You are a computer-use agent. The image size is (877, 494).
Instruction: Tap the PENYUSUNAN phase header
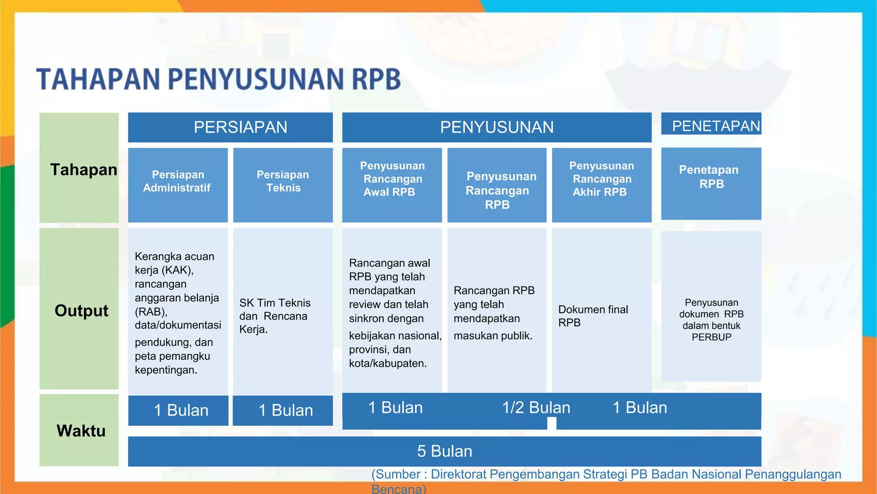pyautogui.click(x=497, y=127)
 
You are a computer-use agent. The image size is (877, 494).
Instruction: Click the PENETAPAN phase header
pyautogui.click(x=711, y=126)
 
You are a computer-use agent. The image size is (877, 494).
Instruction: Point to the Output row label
pyautogui.click(x=81, y=310)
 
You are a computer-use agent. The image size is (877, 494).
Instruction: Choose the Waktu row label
pyautogui.click(x=81, y=431)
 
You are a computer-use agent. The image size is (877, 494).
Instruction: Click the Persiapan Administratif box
pyautogui.click(x=178, y=185)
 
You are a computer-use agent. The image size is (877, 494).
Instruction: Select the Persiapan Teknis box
pyautogui.click(x=283, y=185)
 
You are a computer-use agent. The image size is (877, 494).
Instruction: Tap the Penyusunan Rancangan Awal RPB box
pyautogui.click(x=392, y=185)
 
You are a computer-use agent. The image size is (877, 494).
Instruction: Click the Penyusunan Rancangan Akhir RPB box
pyautogui.click(x=601, y=185)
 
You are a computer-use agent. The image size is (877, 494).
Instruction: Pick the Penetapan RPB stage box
pyautogui.click(x=711, y=183)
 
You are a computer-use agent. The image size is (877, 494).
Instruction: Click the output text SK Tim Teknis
pyautogui.click(x=275, y=303)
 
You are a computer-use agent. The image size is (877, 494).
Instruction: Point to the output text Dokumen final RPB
pyautogui.click(x=593, y=316)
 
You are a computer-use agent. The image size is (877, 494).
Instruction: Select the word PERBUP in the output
pyautogui.click(x=711, y=337)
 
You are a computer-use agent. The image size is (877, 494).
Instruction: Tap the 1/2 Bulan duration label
pyautogui.click(x=536, y=407)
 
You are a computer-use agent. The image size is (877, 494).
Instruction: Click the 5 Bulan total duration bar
pyautogui.click(x=444, y=451)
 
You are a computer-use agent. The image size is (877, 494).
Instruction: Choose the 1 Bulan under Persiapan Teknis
pyautogui.click(x=285, y=410)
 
